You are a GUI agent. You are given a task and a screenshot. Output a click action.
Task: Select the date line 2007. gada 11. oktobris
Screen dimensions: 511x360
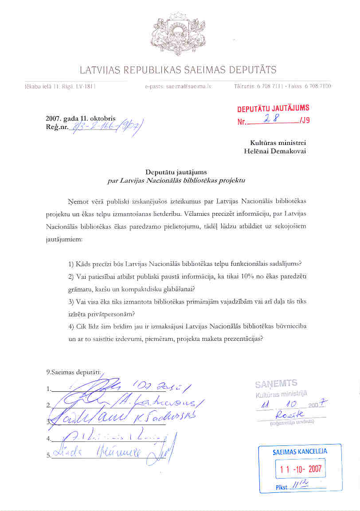click(x=81, y=119)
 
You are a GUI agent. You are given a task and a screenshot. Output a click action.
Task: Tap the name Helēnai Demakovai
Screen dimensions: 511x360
click(x=275, y=151)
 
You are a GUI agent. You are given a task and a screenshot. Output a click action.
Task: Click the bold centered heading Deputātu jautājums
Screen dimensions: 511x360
click(x=176, y=172)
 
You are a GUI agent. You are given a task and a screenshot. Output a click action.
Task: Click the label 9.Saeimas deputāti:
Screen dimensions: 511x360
click(x=74, y=372)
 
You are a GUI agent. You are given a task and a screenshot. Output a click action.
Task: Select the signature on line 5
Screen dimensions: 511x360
click(x=111, y=452)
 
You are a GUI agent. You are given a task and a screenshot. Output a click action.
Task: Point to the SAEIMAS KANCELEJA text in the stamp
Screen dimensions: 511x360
click(x=300, y=452)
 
